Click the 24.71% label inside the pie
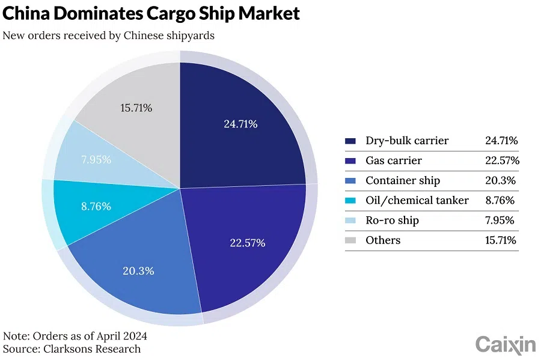point(240,124)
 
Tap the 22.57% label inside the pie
point(248,243)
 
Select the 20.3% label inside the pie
point(138,271)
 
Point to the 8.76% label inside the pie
point(96,206)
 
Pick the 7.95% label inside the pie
point(96,160)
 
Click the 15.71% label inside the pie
point(136,108)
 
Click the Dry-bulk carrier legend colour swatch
point(350,141)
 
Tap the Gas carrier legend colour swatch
point(350,161)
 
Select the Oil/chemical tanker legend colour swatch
point(350,201)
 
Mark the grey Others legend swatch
point(350,240)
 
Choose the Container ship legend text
point(403,181)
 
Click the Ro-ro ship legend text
point(392,221)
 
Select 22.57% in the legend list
point(502,161)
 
